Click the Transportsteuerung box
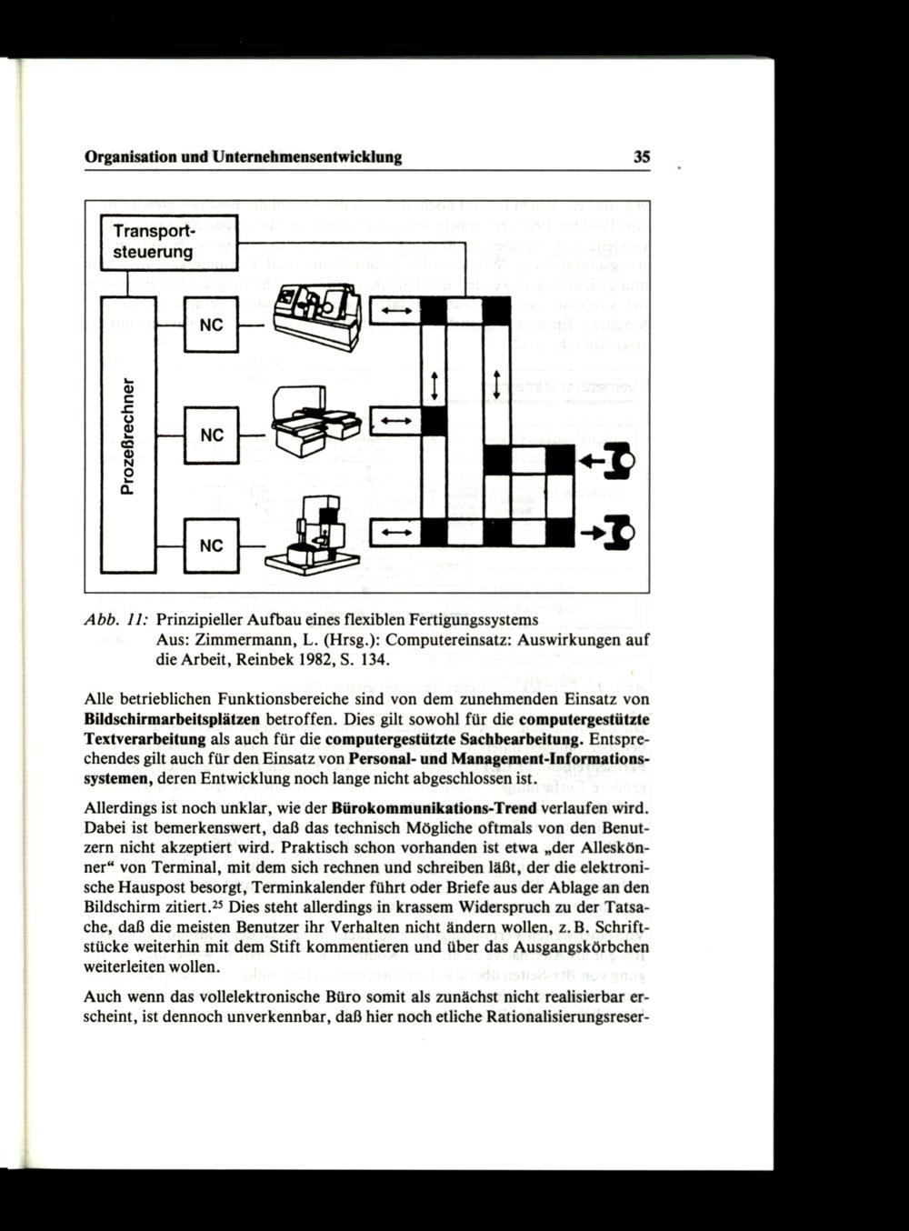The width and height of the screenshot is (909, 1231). click(169, 242)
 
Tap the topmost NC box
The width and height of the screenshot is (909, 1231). click(211, 325)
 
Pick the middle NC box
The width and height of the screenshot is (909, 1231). click(211, 435)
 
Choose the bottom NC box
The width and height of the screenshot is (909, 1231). click(211, 545)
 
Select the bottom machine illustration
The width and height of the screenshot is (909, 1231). click(311, 535)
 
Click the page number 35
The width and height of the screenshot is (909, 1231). click(642, 157)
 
